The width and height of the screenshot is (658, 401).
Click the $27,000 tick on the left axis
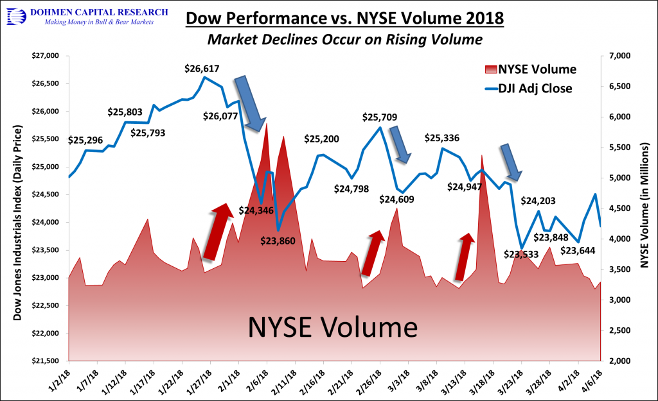pos(44,56)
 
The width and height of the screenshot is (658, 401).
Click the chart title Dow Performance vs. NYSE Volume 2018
pos(344,17)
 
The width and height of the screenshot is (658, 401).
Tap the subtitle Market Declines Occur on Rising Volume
pos(344,40)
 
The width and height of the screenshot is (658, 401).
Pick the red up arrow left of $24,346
pos(217,232)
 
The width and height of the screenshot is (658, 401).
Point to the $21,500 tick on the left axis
pos(44,361)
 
